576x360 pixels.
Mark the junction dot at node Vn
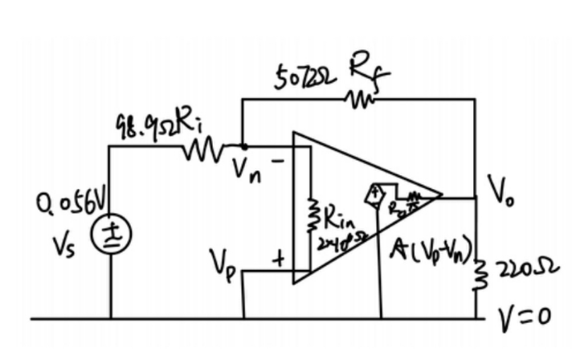tap(243, 146)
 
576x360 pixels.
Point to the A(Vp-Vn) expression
tap(423, 247)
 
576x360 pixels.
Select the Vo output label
tap(499, 191)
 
